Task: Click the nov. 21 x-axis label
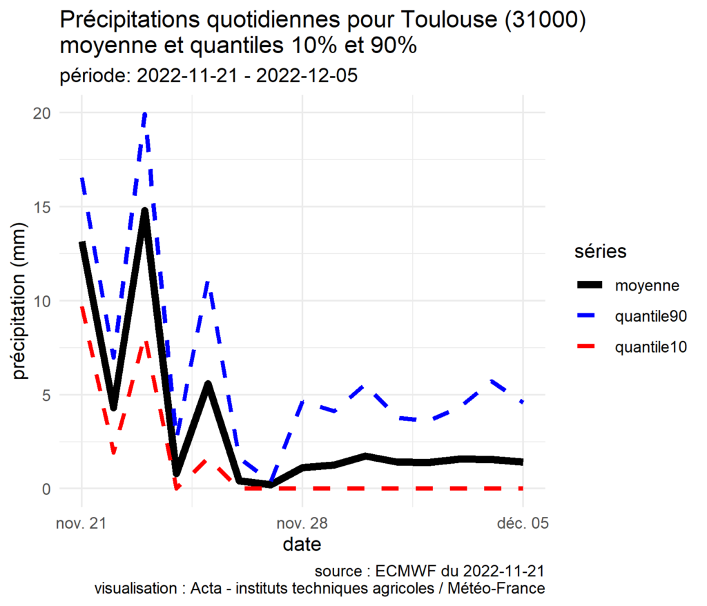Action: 82,524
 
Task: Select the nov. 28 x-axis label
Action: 302,524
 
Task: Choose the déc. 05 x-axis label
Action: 523,524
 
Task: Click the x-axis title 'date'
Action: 302,545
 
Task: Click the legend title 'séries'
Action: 601,252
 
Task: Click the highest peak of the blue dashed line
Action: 145,114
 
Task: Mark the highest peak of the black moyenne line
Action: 145,211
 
